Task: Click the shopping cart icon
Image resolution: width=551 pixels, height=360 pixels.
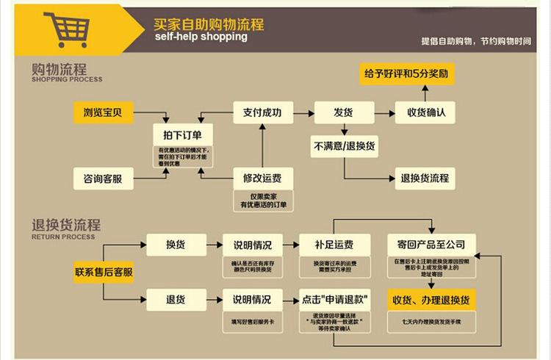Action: tap(66, 29)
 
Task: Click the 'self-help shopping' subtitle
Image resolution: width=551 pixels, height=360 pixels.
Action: tap(201, 37)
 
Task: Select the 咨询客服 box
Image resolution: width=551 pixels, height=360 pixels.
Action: tap(103, 178)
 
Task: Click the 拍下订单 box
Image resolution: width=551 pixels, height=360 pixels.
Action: tap(182, 134)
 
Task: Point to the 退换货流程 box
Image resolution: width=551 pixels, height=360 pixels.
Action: tap(425, 178)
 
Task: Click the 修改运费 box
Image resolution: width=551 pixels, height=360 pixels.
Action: tap(263, 178)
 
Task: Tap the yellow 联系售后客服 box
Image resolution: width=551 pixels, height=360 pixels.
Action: tap(104, 272)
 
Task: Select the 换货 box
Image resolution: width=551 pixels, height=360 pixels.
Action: tap(176, 245)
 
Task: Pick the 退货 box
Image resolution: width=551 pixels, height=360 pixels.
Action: tap(176, 299)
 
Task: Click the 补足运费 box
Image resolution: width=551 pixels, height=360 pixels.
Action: tap(333, 245)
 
